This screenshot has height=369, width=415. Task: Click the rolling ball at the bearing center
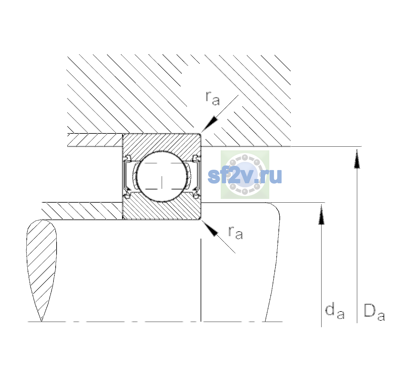[162, 177]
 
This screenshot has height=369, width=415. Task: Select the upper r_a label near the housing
[213, 98]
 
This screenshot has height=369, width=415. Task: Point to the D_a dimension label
[374, 312]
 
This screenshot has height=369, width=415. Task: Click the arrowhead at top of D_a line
[357, 159]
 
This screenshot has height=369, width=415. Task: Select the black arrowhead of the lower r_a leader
[210, 228]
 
